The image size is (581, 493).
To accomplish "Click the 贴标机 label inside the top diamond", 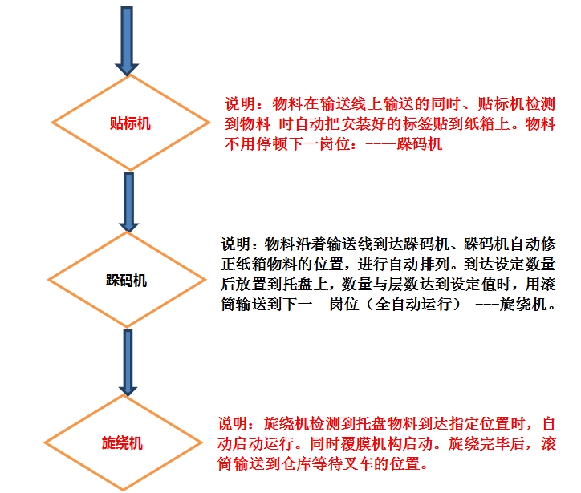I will pos(129,124).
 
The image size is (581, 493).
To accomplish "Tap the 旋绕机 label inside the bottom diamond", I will pos(122,443).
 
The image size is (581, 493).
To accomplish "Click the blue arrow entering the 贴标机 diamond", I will pos(127,40).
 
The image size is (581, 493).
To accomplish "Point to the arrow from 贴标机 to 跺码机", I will pos(128,201).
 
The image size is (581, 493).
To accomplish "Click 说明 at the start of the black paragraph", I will pos(237,244).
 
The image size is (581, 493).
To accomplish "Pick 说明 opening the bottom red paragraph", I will pos(234,423).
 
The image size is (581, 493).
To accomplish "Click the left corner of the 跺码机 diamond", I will pos(53,282).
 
